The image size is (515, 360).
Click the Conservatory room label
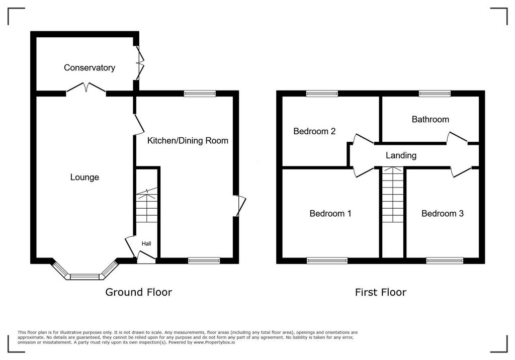(x=90, y=68)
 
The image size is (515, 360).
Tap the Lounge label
(x=84, y=177)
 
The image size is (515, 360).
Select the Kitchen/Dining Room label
(x=188, y=141)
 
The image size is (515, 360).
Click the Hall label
(x=146, y=243)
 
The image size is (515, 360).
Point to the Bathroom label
(x=431, y=119)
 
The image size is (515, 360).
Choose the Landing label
(x=401, y=155)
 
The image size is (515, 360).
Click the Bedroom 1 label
(x=330, y=214)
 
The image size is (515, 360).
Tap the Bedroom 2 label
(x=314, y=131)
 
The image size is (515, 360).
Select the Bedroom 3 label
(x=443, y=214)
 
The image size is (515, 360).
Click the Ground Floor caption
(x=139, y=292)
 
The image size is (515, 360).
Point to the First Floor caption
(x=381, y=292)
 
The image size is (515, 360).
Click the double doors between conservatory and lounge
(x=86, y=88)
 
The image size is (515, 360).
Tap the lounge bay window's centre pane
(x=84, y=277)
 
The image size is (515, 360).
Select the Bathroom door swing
(x=457, y=138)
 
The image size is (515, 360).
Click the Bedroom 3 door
(x=461, y=172)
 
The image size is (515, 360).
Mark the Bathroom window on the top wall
(x=435, y=94)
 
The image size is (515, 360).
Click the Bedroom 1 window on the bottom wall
(x=327, y=261)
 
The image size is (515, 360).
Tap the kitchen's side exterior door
(x=240, y=206)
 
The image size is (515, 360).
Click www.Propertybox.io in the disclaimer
(x=214, y=342)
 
